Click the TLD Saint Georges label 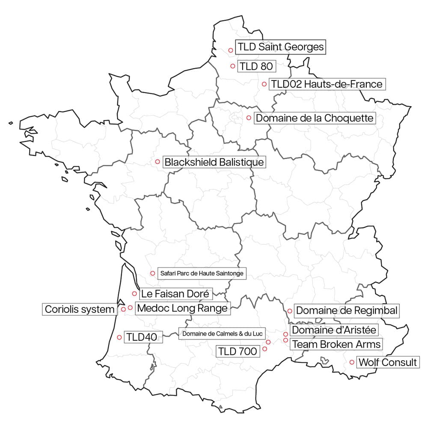click(x=281, y=47)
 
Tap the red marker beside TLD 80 click(x=233, y=66)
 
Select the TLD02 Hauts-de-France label click(x=327, y=84)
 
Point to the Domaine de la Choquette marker click(x=248, y=118)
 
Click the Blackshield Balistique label click(x=214, y=163)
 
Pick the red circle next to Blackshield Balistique click(x=158, y=162)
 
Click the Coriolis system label click(x=80, y=309)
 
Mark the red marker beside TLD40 click(x=119, y=337)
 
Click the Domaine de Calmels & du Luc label click(x=222, y=333)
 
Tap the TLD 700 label click(x=238, y=352)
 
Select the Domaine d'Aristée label click(x=334, y=330)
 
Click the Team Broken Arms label click(x=336, y=344)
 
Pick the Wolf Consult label click(x=387, y=363)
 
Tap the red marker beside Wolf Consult click(x=352, y=362)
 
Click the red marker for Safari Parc click(x=152, y=273)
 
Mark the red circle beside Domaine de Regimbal click(x=290, y=311)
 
